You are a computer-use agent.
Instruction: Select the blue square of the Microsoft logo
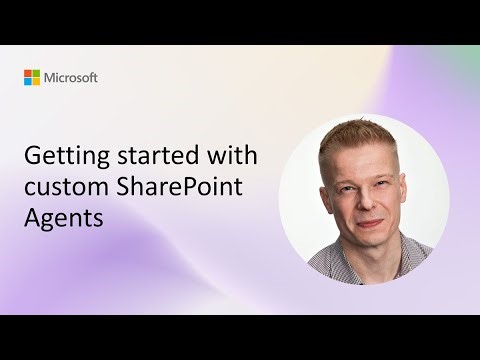pyautogui.click(x=29, y=81)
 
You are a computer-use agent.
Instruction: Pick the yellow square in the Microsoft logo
pyautogui.click(x=37, y=81)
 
